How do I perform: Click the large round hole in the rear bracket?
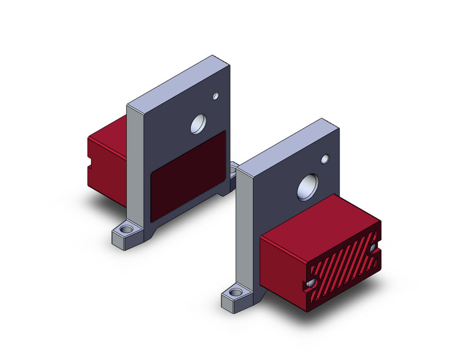[198, 124]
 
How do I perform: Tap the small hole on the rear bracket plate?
[216, 96]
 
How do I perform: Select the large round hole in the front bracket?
[308, 187]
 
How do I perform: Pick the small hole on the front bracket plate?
[325, 159]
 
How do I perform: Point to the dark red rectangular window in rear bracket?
[188, 175]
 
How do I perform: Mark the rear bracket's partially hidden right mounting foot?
[234, 169]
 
